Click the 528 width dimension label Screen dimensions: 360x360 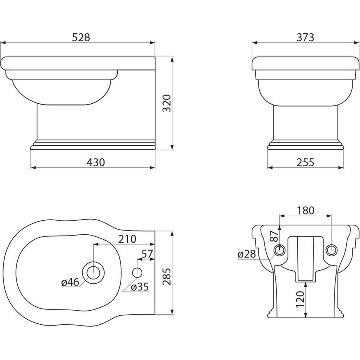click(81, 37)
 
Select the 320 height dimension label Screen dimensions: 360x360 click(167, 103)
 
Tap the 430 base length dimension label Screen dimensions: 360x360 click(96, 162)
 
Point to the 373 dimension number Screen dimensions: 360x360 click(305, 37)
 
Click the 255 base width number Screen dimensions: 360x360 click(305, 162)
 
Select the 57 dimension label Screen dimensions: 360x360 click(147, 254)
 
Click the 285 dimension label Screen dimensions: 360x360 click(167, 276)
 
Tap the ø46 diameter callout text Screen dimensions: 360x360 click(70, 282)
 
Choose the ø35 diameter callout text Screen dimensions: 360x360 click(140, 287)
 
